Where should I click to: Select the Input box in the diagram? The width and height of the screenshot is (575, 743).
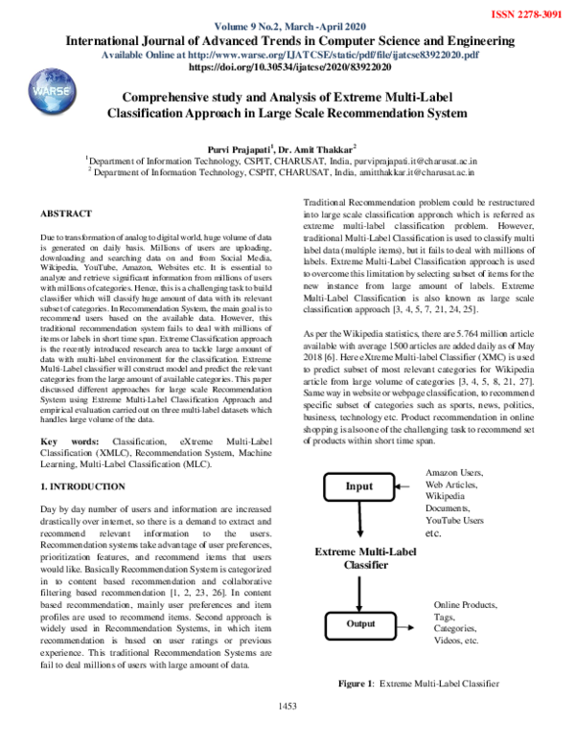(x=359, y=486)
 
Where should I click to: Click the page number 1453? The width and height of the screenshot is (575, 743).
(x=288, y=732)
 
